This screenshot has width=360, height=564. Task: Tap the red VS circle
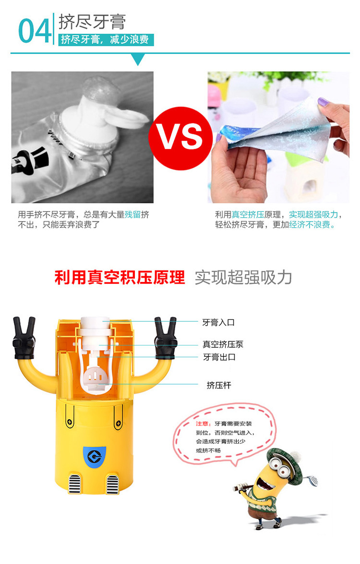point(180,138)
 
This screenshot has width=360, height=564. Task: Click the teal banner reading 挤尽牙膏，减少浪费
point(106,39)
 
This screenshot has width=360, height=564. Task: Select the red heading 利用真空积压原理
point(120,278)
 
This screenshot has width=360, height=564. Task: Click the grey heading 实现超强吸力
point(243,278)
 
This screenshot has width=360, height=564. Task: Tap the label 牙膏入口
point(218,323)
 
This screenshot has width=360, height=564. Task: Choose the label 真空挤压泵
point(223,344)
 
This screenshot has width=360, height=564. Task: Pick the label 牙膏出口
point(219,357)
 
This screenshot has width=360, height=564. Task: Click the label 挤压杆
point(219,385)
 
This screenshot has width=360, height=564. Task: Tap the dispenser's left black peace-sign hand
point(24,338)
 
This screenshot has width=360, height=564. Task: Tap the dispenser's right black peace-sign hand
point(166,338)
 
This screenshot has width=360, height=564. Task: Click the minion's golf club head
point(313,480)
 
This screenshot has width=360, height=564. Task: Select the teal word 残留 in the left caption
point(132,215)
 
